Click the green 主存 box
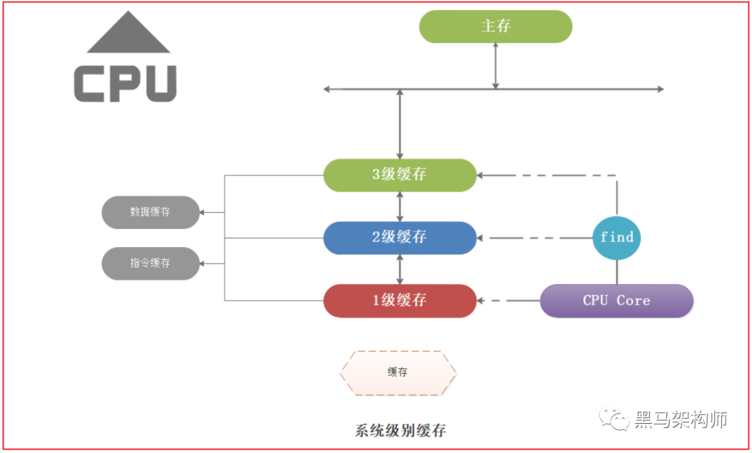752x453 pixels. [x=495, y=26]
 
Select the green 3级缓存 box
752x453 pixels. [x=400, y=175]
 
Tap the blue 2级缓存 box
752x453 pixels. [x=400, y=237]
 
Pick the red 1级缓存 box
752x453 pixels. [x=400, y=301]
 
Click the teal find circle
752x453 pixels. [x=617, y=237]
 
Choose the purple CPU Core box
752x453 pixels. [x=616, y=301]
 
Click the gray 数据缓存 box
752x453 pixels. [x=150, y=212]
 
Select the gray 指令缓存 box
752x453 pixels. [x=150, y=263]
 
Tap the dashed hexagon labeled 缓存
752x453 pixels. [x=398, y=372]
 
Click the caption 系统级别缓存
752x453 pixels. [x=400, y=430]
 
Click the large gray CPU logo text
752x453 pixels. [x=125, y=84]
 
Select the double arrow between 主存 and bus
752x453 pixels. [x=495, y=65]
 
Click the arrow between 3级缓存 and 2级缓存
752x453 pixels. [x=400, y=207]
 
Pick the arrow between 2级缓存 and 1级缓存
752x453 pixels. [x=400, y=269]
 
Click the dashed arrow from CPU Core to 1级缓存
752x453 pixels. [x=508, y=301]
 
